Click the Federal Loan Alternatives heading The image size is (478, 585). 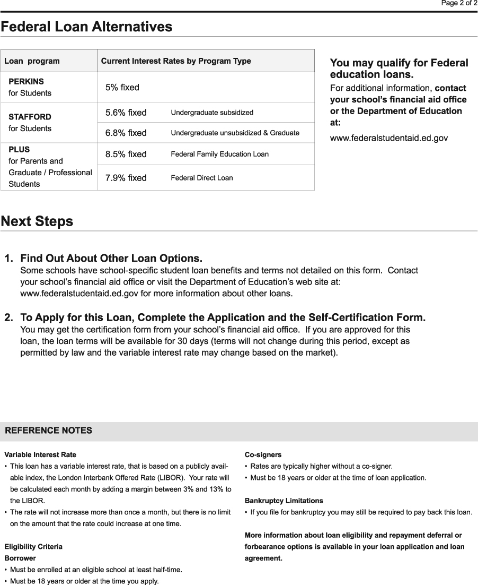[x=86, y=27]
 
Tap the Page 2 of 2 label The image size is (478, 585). [x=459, y=3]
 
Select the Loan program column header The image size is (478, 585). [x=32, y=61]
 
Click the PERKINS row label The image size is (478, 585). [x=26, y=82]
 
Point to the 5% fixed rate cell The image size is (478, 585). [x=122, y=88]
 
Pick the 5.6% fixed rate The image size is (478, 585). [x=126, y=113]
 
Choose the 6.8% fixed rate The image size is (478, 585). [x=126, y=133]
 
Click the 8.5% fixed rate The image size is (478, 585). [x=126, y=154]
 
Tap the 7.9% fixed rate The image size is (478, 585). [x=126, y=178]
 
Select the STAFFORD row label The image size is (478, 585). [x=30, y=117]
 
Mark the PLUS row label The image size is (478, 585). [x=19, y=150]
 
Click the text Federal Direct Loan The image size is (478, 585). [x=201, y=178]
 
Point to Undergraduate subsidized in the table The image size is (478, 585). [x=212, y=113]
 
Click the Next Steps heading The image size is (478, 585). [x=37, y=221]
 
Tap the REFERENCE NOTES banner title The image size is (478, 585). [x=48, y=431]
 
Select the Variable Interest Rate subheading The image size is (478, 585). [x=40, y=455]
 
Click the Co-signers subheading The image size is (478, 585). [x=263, y=455]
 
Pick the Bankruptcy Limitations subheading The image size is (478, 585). [x=284, y=501]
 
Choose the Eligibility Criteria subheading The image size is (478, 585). [x=33, y=547]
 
